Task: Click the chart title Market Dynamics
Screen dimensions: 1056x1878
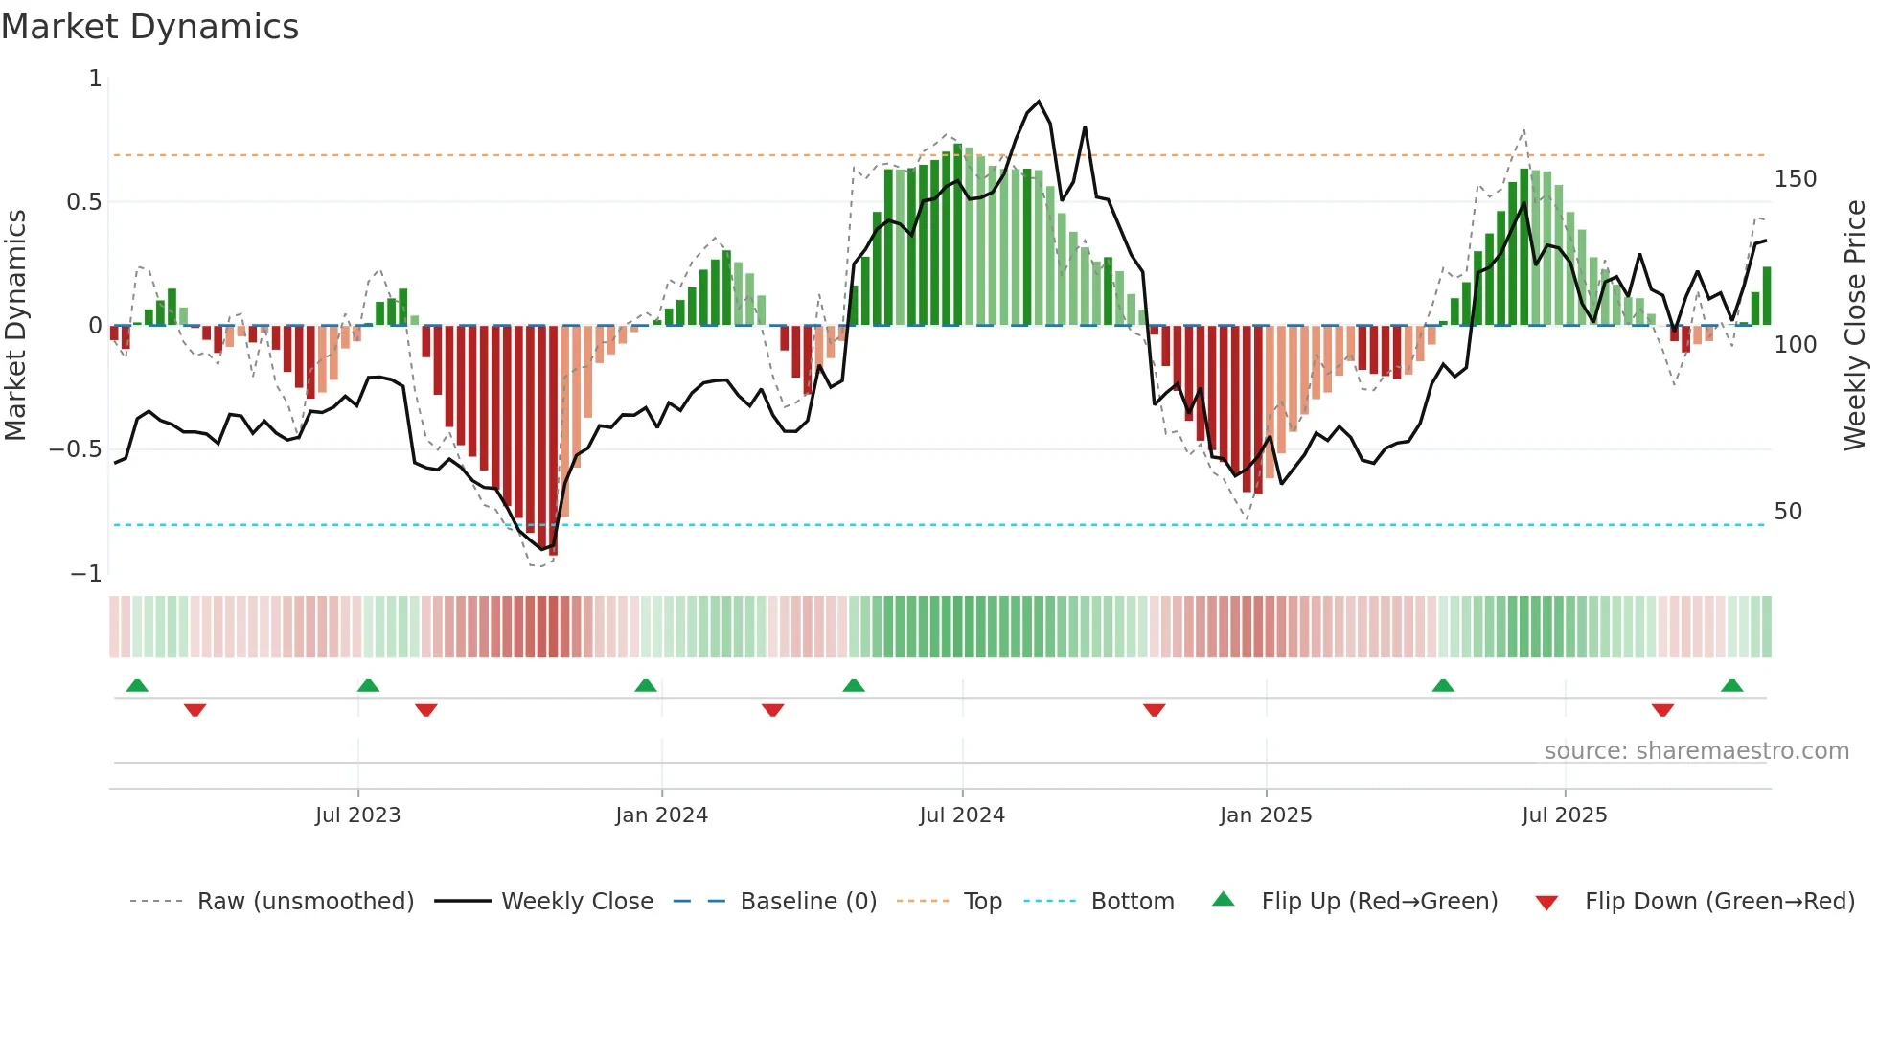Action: pos(149,27)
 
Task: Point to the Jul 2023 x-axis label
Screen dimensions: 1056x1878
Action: pos(357,815)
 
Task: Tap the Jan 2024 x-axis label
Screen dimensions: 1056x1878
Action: pos(661,815)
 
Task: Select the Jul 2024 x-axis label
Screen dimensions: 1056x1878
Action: pos(962,815)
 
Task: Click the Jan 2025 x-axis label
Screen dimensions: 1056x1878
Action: pos(1266,815)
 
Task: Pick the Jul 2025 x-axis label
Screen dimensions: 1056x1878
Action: pos(1565,815)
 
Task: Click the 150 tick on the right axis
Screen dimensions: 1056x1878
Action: pos(1795,179)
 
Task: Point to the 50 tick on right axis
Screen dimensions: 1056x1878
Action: pos(1788,512)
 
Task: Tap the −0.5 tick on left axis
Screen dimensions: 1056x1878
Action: pos(76,449)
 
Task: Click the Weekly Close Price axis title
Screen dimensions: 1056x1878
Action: pos(1855,326)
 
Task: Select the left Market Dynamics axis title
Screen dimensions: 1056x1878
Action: pos(15,326)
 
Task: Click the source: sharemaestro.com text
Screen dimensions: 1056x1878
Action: pos(1696,751)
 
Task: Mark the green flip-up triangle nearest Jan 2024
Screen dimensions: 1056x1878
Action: pos(646,686)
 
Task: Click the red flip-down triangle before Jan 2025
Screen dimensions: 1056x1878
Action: pos(1154,710)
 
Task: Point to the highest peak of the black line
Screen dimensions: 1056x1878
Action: pos(1039,102)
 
